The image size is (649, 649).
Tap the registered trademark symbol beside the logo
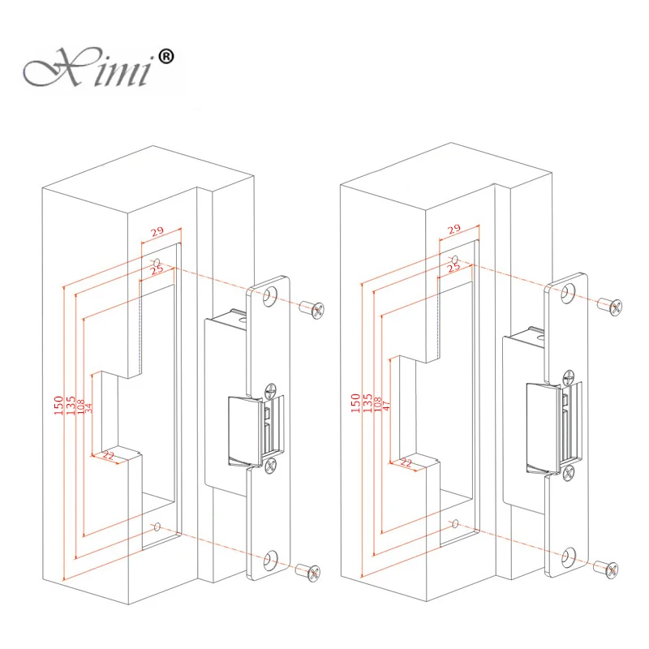(x=166, y=57)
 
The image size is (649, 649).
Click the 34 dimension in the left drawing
(x=88, y=408)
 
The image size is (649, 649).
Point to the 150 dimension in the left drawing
(x=58, y=405)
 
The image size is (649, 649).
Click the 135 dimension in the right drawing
(x=367, y=403)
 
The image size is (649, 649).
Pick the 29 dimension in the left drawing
(x=157, y=231)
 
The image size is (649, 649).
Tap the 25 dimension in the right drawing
(x=453, y=267)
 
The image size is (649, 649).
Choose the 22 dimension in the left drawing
(x=108, y=456)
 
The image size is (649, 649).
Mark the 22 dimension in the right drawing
(x=406, y=462)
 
